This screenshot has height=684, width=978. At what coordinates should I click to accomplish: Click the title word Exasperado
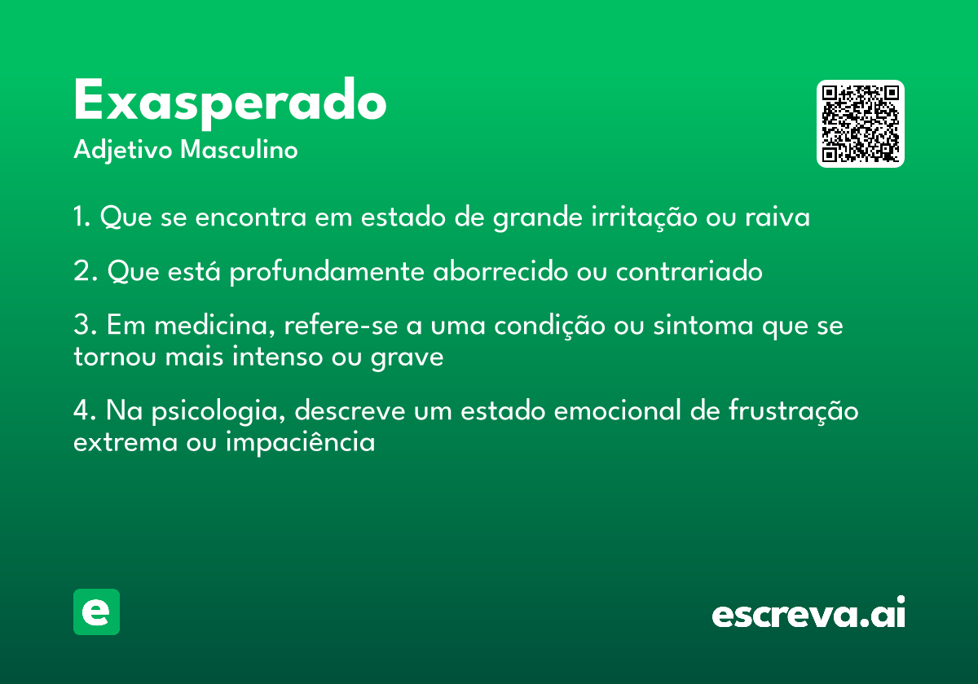[x=230, y=103]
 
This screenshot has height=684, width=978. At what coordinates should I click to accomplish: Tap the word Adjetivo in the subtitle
[x=123, y=151]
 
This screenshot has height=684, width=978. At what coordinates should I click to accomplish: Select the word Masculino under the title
[x=239, y=150]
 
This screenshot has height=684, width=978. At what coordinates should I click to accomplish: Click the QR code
[x=860, y=124]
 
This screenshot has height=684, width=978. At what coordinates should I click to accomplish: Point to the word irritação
[x=644, y=217]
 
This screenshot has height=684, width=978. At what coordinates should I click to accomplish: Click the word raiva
[x=778, y=217]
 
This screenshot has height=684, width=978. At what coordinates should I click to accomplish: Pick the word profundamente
[x=327, y=271]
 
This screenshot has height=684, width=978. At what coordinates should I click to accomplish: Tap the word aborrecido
[x=500, y=270]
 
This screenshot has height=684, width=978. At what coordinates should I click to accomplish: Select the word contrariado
[x=689, y=270]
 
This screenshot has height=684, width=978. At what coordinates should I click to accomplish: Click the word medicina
[x=215, y=326]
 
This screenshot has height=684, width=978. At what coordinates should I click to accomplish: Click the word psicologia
[x=218, y=411]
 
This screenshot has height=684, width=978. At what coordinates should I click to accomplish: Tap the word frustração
[x=793, y=411]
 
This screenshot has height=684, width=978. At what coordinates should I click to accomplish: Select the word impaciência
[x=301, y=442]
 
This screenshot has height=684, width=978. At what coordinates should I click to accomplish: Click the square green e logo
[x=96, y=612]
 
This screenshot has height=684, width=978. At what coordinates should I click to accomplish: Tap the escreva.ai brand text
[x=808, y=613]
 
